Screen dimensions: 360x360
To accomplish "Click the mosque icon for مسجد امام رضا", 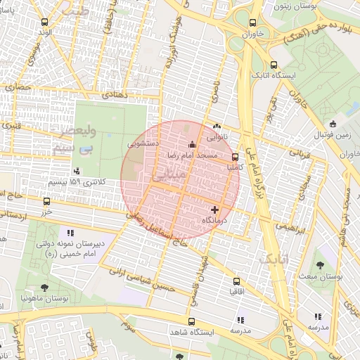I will click(192, 145).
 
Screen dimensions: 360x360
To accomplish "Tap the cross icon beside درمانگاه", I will click(214, 209).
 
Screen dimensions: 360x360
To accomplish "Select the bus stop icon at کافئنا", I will click(234, 157).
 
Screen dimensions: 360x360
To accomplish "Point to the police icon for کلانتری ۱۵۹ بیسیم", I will click(77, 171).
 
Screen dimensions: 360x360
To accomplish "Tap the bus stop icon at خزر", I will click(46, 200).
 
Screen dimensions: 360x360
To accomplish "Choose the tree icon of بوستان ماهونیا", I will click(46, 287).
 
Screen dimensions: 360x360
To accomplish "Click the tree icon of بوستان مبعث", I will click(320, 266).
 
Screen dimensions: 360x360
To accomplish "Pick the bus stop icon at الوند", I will click(46, 22).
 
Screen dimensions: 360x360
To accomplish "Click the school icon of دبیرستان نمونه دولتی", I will click(70, 232).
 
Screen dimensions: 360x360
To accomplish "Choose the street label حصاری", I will click(20, 87).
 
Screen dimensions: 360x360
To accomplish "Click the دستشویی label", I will click(143, 143).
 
